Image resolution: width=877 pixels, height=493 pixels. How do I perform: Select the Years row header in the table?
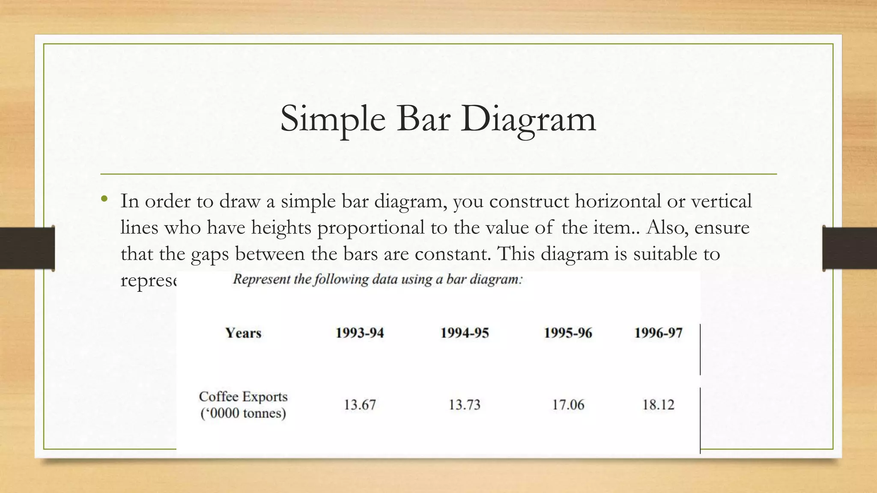tap(243, 333)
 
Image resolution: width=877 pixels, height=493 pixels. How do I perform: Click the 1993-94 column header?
tap(360, 333)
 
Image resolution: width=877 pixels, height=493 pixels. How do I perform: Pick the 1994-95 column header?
tap(465, 333)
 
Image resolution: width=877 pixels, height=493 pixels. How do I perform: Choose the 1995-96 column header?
tap(568, 333)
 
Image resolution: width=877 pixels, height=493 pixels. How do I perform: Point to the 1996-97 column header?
tap(658, 333)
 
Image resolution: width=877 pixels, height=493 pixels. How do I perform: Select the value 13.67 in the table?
tap(360, 404)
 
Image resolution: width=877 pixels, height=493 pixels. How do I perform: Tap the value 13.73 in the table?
tap(465, 404)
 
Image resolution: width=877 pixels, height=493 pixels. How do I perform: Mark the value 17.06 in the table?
tap(568, 404)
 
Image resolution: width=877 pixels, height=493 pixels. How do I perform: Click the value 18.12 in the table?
tap(658, 404)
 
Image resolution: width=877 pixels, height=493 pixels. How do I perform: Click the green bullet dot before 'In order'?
tap(104, 199)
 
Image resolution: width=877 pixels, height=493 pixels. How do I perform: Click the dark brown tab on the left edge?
tap(27, 248)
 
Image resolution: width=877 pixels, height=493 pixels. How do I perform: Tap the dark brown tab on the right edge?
tap(850, 248)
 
